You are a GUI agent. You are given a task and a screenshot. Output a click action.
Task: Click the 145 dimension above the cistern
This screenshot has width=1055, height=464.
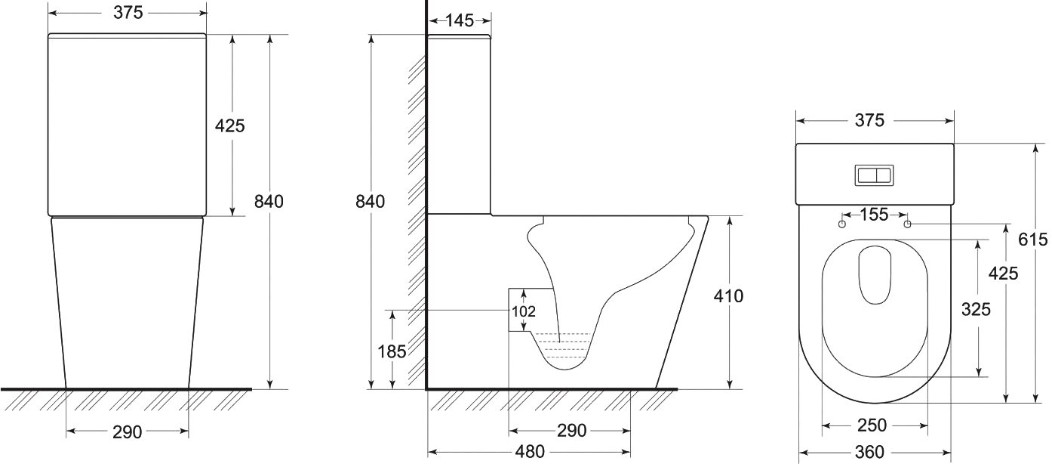[460, 20]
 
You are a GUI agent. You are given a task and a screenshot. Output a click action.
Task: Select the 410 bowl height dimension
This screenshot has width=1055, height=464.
[728, 296]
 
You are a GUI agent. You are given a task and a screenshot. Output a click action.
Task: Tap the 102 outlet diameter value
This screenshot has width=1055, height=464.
[524, 311]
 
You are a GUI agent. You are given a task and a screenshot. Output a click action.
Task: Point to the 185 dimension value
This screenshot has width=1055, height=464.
[392, 351]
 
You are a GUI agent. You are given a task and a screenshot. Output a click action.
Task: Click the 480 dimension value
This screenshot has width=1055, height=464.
[530, 452]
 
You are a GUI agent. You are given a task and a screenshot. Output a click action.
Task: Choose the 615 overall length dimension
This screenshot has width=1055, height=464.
[1033, 240]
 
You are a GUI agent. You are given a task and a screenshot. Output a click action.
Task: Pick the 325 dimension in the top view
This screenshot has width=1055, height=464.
[976, 309]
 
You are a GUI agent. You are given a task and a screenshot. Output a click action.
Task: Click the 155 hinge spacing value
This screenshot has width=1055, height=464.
[874, 215]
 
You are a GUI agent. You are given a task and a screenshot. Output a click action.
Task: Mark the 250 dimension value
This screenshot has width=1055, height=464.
[872, 425]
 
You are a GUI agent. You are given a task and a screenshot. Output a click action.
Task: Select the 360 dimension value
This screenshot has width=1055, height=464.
[869, 452]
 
